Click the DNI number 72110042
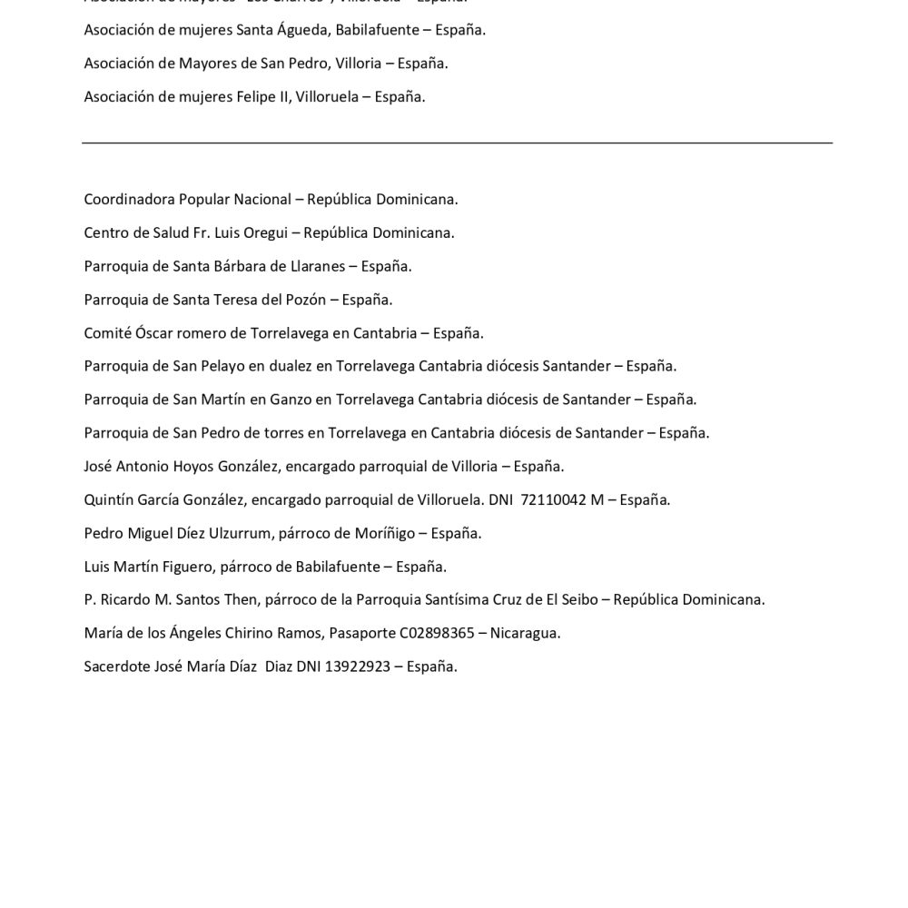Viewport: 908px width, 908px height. (553, 499)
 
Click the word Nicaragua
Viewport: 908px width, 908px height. (525, 633)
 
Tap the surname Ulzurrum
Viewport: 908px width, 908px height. (231, 533)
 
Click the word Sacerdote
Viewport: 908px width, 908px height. (116, 666)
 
